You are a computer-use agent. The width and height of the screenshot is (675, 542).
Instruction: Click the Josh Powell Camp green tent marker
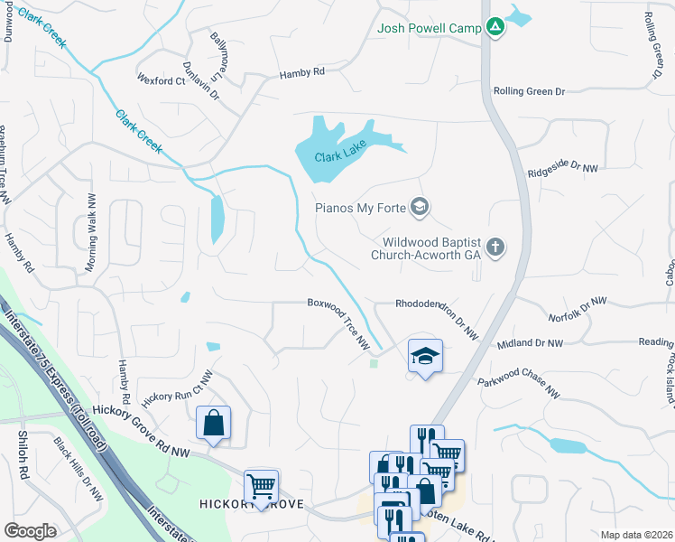495,28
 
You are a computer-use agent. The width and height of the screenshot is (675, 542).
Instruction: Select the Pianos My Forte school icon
418,208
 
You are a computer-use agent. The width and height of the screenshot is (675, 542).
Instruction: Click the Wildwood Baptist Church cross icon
495,247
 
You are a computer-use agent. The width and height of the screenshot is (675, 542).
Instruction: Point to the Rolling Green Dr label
529,91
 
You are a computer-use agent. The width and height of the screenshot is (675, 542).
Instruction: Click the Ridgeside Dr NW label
563,166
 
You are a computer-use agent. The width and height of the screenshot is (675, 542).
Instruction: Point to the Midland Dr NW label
530,343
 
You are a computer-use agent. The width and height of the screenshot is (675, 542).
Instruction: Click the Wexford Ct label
161,80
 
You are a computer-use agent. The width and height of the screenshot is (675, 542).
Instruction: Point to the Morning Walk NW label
90,244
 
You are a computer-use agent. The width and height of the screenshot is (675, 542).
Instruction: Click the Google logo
30,530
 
